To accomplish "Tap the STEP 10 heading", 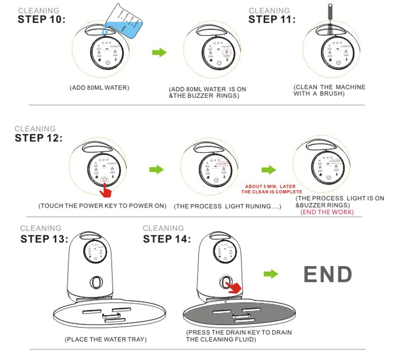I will [41, 20].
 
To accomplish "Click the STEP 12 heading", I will [39, 138].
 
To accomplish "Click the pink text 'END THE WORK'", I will [327, 212].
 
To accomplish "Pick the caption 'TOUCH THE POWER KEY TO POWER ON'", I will [103, 206].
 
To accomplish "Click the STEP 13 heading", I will [44, 238].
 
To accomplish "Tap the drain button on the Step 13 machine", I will [94, 281].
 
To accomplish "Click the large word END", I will [327, 275].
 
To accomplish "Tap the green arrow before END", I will [271, 274].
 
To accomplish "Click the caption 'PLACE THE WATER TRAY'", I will [106, 340].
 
